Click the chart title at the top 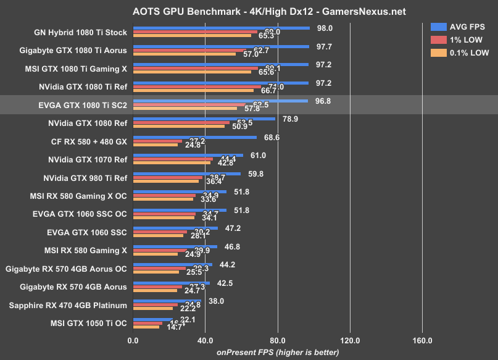pyautogui.click(x=249, y=12)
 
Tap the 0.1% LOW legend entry pyautogui.click(x=459, y=52)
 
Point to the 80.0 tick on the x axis pyautogui.click(x=278, y=340)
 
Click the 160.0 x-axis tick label pyautogui.click(x=423, y=340)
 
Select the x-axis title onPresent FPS pyautogui.click(x=277, y=353)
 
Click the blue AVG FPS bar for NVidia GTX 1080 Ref pyautogui.click(x=204, y=119)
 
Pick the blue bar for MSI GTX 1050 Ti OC pyautogui.click(x=152, y=319)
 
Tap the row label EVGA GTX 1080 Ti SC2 pyautogui.click(x=82, y=106)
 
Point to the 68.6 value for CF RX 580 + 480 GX pyautogui.click(x=272, y=137)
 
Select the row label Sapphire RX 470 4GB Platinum pyautogui.click(x=68, y=305)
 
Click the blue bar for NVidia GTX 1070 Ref pyautogui.click(x=188, y=156)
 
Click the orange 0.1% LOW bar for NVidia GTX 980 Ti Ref pyautogui.click(x=165, y=181)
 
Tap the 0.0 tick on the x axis pyautogui.click(x=133, y=340)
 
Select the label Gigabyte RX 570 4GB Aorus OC pyautogui.click(x=66, y=269)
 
